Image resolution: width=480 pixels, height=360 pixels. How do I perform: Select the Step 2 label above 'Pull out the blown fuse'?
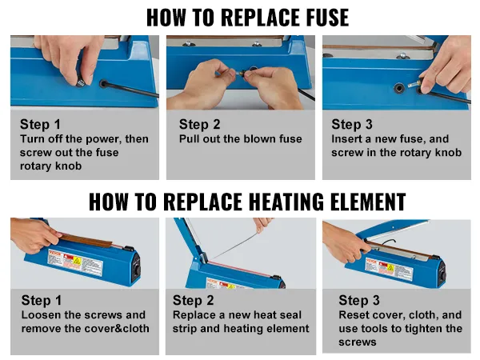[x=199, y=124]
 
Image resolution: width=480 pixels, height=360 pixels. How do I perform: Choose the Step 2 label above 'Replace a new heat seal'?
[x=194, y=301]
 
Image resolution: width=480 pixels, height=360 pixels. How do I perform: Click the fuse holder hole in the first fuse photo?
[x=106, y=82]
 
